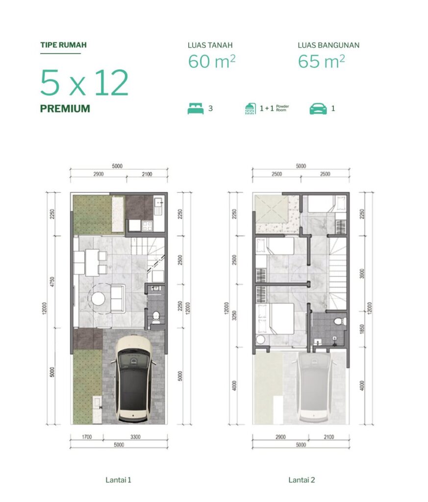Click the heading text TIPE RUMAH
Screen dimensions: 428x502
coord(63,45)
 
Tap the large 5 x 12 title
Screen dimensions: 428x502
coord(84,82)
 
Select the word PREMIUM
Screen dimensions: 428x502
coord(65,108)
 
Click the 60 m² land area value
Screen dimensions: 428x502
coord(212,61)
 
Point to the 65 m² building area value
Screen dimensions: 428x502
coord(322,61)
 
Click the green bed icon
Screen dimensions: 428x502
coord(196,108)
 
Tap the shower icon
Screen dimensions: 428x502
coord(251,109)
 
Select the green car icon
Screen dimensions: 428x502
coord(318,109)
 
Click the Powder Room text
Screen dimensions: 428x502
coord(282,108)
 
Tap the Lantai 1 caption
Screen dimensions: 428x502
coord(118,479)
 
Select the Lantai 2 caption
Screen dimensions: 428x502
coord(302,479)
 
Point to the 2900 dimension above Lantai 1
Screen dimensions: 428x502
coord(98,174)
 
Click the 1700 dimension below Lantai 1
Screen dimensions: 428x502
coord(87,437)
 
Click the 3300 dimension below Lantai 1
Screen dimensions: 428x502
coord(135,437)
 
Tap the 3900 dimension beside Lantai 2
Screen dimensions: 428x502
coord(362,274)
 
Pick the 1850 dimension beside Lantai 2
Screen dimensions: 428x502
coord(362,329)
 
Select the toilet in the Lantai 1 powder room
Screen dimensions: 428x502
coord(156,316)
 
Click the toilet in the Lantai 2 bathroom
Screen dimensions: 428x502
coord(338,321)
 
